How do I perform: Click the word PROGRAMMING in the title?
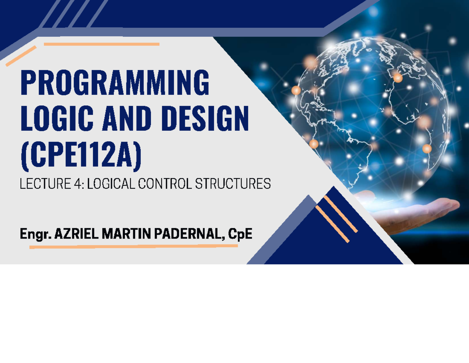[115, 83]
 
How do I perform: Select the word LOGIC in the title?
[57, 119]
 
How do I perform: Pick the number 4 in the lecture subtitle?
[78, 184]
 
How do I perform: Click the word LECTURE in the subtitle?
[45, 184]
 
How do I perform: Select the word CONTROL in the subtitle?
[165, 184]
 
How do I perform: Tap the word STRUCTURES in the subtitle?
[233, 184]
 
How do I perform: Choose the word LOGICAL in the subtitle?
[111, 184]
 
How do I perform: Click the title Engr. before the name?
[36, 234]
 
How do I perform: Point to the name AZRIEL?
[76, 234]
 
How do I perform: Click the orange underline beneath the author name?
[134, 246]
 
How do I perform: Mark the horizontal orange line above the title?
[102, 44]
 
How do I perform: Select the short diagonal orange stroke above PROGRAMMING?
[21, 56]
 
